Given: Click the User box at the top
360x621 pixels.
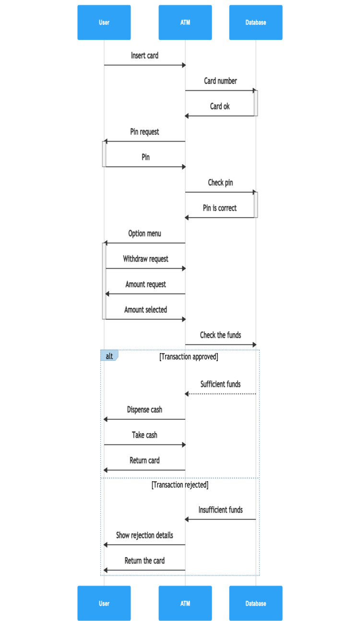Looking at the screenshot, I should (104, 23).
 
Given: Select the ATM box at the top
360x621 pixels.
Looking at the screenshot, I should (185, 23).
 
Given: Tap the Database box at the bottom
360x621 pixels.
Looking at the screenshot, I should (255, 603).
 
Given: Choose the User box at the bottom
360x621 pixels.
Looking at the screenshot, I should (104, 603).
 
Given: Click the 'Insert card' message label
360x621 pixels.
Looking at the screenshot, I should (144, 56).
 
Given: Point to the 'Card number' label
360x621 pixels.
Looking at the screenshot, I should (220, 81).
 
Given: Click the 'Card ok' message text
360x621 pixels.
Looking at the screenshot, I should (220, 107).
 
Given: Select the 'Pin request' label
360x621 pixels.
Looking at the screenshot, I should (144, 132).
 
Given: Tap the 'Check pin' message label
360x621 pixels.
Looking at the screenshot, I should (220, 183).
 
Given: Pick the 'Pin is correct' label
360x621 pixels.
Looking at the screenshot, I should (220, 208).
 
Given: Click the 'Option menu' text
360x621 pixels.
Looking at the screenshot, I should (144, 234).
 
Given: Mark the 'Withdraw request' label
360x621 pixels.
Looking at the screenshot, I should (145, 259).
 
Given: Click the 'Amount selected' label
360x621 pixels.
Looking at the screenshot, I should (145, 310).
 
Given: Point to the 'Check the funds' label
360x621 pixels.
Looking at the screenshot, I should (220, 335).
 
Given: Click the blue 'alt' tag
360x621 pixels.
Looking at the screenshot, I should (109, 356).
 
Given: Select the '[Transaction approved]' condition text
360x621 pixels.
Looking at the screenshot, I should (189, 357).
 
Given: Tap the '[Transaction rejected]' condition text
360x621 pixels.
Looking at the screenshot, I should (180, 485).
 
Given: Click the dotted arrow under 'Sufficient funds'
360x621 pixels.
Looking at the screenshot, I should (221, 394).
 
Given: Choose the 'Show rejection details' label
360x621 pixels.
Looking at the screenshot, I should (144, 536).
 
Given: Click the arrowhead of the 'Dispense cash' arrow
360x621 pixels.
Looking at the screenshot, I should (106, 419).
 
